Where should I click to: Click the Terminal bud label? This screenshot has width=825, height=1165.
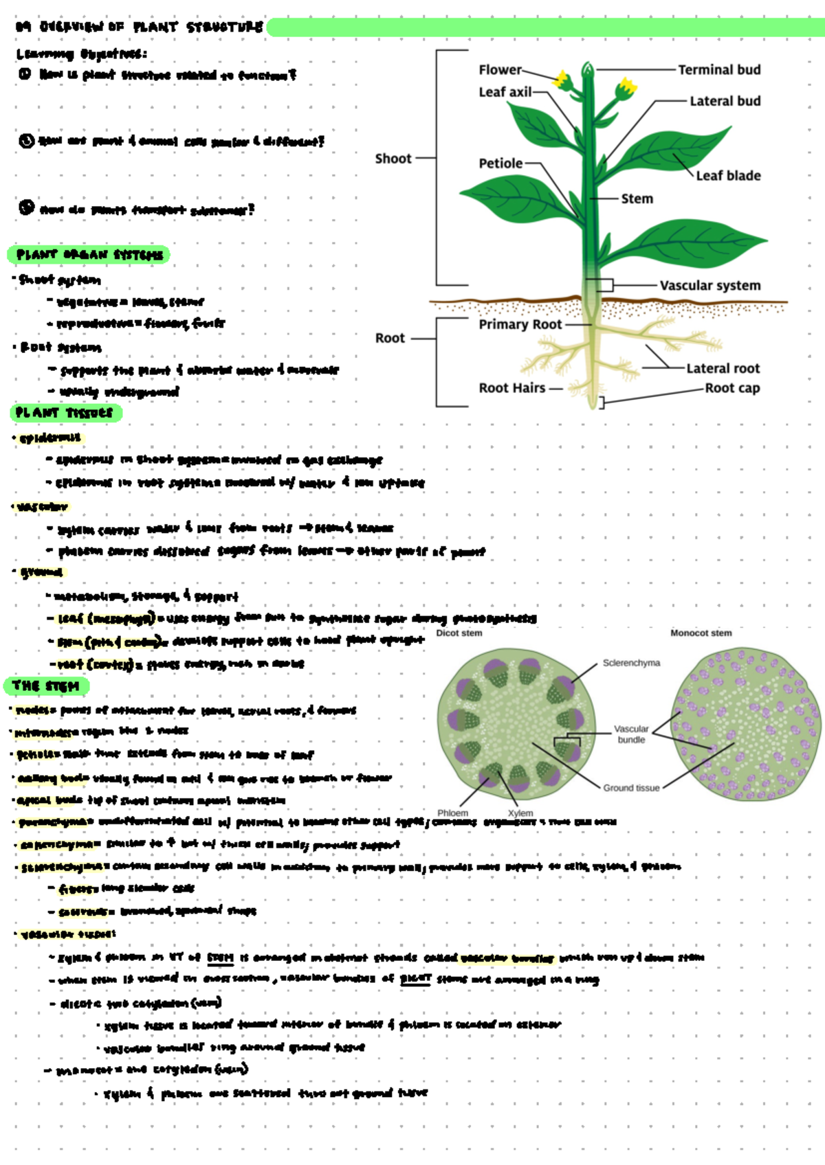pyautogui.click(x=719, y=69)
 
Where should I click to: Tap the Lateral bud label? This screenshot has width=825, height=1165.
pyautogui.click(x=725, y=101)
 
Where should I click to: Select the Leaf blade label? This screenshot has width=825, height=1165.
pyautogui.click(x=728, y=175)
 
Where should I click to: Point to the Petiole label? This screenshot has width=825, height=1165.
pyautogui.click(x=500, y=163)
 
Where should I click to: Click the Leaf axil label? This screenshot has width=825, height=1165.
pyautogui.click(x=505, y=92)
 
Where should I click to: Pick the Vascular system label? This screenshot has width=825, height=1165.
pyautogui.click(x=710, y=285)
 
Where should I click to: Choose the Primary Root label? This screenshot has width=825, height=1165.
pyautogui.click(x=520, y=324)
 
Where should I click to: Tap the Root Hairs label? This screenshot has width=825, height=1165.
pyautogui.click(x=511, y=388)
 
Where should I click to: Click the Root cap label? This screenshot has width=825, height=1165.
pyautogui.click(x=732, y=388)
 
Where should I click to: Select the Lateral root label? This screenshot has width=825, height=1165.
pyautogui.click(x=723, y=368)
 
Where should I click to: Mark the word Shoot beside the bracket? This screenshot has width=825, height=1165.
pyautogui.click(x=393, y=159)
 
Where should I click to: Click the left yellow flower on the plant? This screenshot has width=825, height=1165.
pyautogui.click(x=562, y=80)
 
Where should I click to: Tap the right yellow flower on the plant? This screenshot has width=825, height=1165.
pyautogui.click(x=626, y=88)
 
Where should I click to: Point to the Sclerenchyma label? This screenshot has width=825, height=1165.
pyautogui.click(x=631, y=663)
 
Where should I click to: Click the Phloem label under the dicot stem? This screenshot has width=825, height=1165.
pyautogui.click(x=452, y=813)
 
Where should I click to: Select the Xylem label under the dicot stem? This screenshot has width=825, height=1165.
pyautogui.click(x=520, y=813)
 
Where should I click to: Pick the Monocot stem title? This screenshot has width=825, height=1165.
pyautogui.click(x=701, y=633)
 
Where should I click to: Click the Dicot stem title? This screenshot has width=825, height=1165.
pyautogui.click(x=459, y=633)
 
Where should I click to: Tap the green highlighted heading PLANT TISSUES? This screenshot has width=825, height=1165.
pyautogui.click(x=65, y=413)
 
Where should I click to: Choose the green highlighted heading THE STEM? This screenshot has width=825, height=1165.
pyautogui.click(x=46, y=686)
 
